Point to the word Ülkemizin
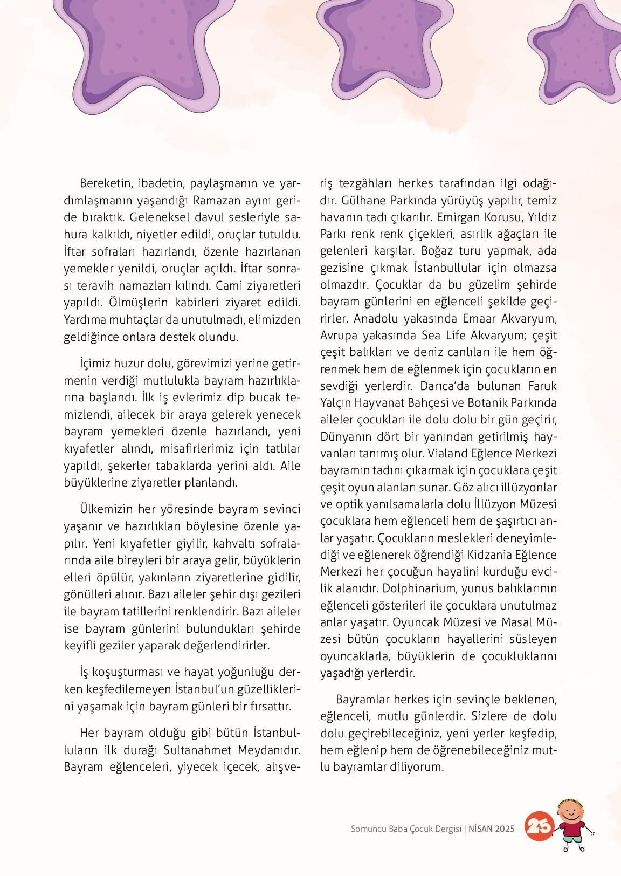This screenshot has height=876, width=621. click(106, 509)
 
